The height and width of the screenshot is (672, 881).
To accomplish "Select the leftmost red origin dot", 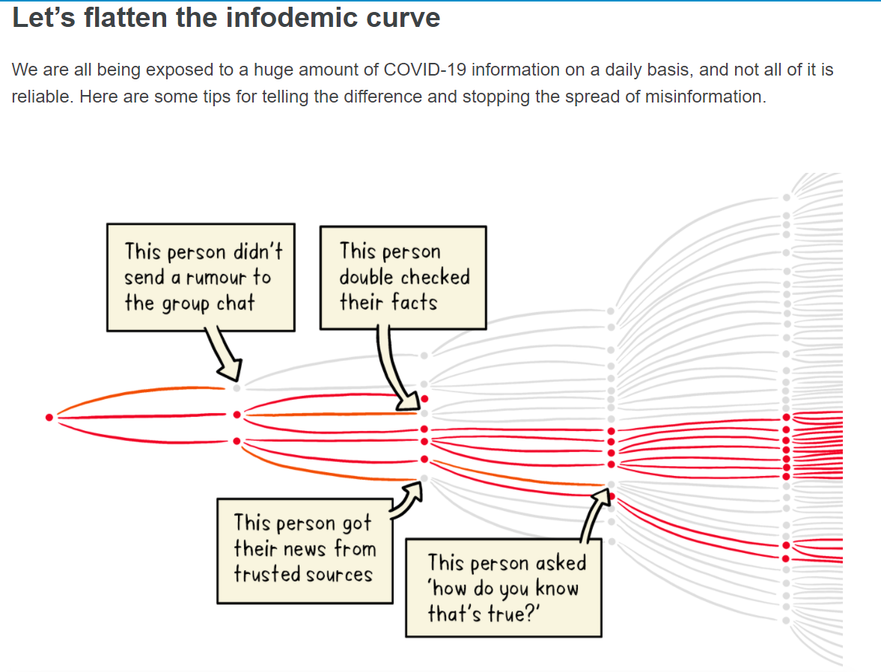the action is [x=49, y=417].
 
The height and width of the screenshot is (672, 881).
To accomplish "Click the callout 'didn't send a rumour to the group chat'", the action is [x=201, y=278].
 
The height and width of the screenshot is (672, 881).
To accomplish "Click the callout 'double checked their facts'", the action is [x=403, y=278].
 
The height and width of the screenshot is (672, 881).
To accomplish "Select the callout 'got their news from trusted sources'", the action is [x=305, y=551].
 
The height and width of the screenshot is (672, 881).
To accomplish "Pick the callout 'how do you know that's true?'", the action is [x=504, y=587].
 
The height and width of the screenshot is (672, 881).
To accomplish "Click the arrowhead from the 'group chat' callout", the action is [x=231, y=371].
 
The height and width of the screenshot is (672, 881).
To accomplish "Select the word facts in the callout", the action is [x=414, y=302].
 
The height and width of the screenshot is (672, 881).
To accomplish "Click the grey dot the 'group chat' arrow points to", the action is [x=237, y=388].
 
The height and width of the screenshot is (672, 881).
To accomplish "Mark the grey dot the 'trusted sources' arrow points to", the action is [x=424, y=479].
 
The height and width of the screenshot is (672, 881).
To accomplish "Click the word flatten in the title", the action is [x=125, y=17].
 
